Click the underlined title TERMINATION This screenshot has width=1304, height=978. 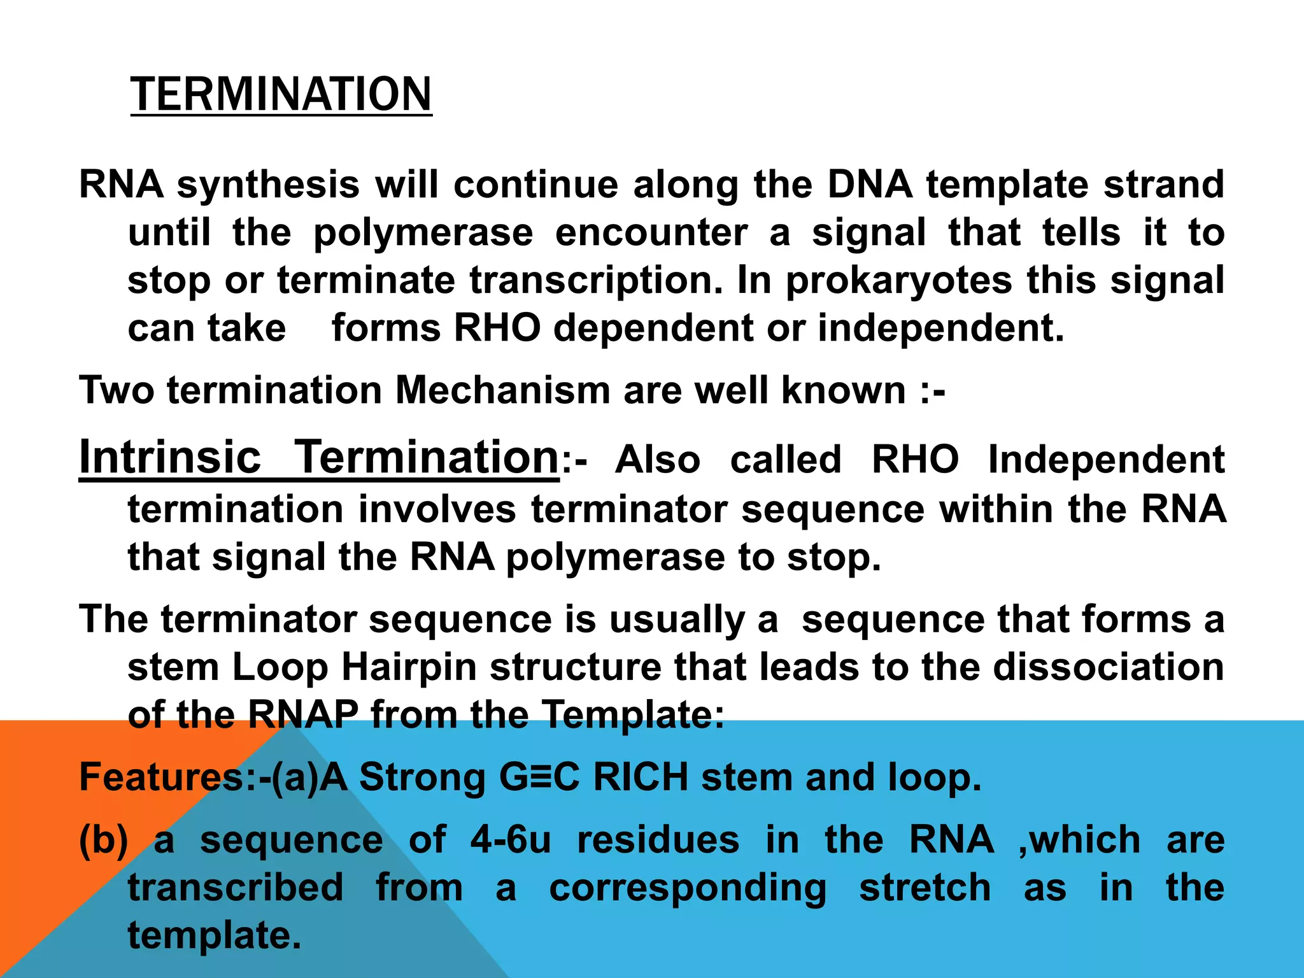(x=281, y=94)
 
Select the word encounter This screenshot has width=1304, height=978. (x=651, y=232)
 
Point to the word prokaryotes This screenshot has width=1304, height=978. (x=898, y=281)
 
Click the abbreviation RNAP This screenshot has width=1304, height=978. (x=303, y=714)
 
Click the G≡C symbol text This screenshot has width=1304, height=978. (x=539, y=777)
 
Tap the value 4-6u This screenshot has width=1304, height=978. (x=511, y=840)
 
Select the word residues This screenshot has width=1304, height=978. (x=658, y=840)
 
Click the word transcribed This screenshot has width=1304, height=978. (x=236, y=888)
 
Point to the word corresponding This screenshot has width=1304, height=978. (x=688, y=889)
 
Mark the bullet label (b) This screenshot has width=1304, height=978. (x=103, y=840)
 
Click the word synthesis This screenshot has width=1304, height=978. (x=268, y=185)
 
